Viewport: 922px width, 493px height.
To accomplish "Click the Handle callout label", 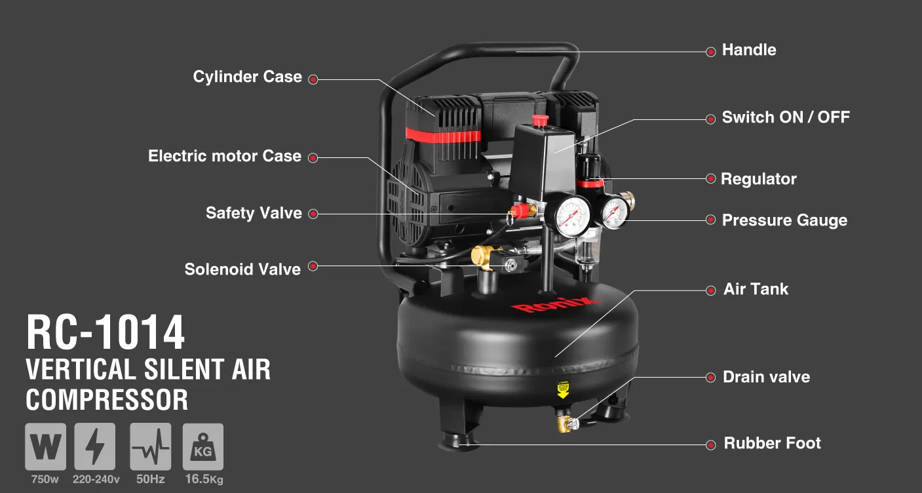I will click(748, 50).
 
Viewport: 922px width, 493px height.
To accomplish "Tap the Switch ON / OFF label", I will click(786, 118).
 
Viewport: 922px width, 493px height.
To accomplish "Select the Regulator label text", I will click(758, 179).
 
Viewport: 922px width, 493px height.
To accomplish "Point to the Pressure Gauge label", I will click(784, 220).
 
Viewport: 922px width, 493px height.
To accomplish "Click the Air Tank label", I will click(756, 290).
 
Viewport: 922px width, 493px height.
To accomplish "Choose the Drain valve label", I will click(766, 377).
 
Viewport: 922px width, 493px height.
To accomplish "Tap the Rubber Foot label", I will click(772, 444).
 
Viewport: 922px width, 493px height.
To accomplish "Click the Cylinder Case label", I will click(247, 77).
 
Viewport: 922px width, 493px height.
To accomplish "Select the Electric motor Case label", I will click(224, 157).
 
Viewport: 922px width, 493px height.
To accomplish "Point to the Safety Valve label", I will click(254, 213).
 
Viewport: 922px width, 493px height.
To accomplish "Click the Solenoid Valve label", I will click(242, 269).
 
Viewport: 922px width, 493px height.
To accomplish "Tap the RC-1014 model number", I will click(106, 333).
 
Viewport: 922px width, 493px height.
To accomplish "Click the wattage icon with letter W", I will click(45, 446).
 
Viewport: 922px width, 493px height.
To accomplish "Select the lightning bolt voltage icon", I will click(95, 446).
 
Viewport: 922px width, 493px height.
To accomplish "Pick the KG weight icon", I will click(203, 446).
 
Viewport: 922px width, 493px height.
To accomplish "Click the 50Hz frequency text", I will click(150, 479).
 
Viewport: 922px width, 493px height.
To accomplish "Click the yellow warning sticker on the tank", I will click(562, 390).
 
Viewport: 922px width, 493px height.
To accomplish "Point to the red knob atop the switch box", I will click(540, 120).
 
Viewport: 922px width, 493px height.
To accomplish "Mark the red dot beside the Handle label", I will click(710, 52).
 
